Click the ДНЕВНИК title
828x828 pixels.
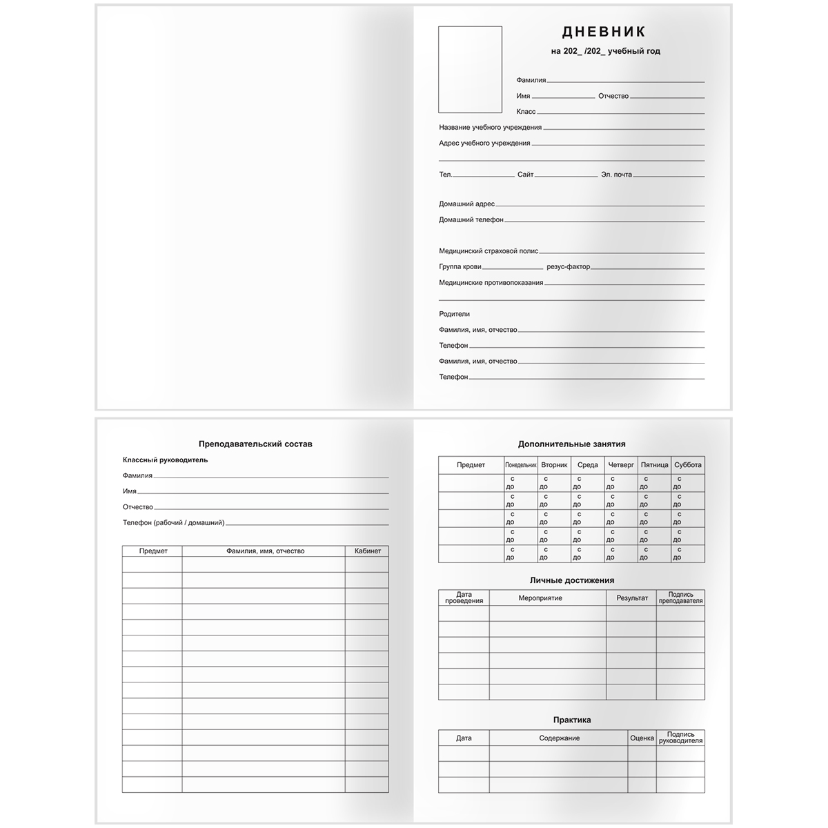tap(604, 32)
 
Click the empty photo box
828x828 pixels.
tap(470, 70)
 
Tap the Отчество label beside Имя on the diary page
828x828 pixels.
tap(613, 96)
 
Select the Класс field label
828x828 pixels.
tap(526, 112)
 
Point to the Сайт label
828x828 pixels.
tap(525, 175)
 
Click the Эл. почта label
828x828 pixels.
tap(616, 175)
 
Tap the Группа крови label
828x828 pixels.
tap(460, 266)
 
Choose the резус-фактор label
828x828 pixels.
tap(568, 266)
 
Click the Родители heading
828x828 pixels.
tap(454, 314)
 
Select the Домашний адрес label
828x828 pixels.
tap(466, 204)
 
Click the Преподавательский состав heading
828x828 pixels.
tap(255, 444)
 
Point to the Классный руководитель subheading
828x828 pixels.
tap(165, 460)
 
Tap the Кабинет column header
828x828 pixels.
tap(367, 551)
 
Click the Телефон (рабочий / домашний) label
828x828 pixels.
tap(173, 523)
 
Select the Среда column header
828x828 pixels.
tap(588, 465)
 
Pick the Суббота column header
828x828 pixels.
tap(687, 465)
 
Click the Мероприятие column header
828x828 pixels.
tap(540, 598)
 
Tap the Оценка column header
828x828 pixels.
tap(642, 738)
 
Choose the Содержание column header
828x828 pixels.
tap(559, 738)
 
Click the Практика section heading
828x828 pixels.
tap(571, 720)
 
